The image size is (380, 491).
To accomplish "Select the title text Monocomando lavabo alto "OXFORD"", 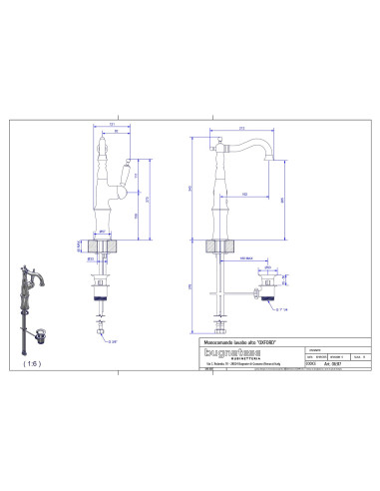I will pyautogui.click(x=230, y=341).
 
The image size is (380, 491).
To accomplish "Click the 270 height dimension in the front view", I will pyautogui.click(x=147, y=199).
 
